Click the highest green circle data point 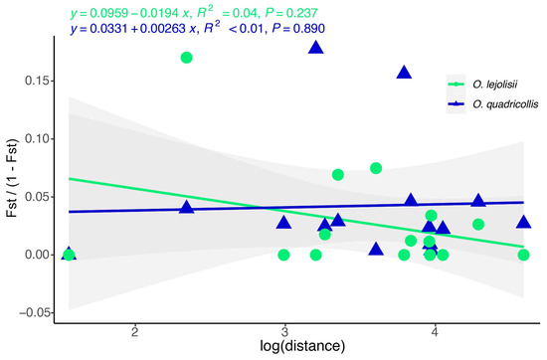[187, 58]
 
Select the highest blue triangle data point [316, 48]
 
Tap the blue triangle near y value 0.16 [404, 73]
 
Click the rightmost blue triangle [523, 222]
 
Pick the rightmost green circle [523, 255]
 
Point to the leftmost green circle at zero [69, 255]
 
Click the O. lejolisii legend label [495, 85]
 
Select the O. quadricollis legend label [505, 104]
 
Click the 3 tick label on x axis [284, 332]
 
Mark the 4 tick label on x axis [435, 332]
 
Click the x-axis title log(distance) [302, 346]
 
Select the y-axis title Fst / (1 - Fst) [12, 178]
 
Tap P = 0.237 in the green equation [291, 13]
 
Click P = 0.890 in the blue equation [298, 28]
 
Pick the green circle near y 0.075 [376, 168]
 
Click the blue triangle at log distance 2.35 [187, 207]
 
